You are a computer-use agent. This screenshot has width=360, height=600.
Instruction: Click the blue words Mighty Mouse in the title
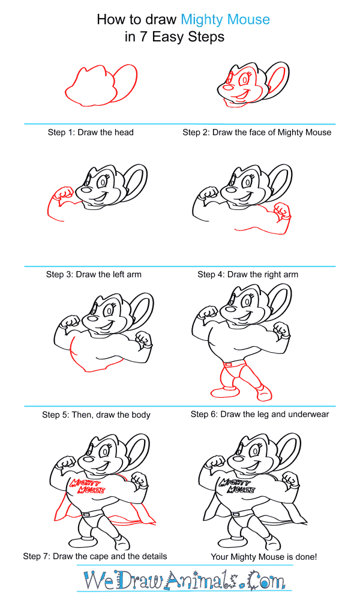(226, 20)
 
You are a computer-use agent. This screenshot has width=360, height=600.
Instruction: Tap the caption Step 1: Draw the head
(91, 133)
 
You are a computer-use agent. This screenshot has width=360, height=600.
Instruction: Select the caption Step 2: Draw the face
(257, 133)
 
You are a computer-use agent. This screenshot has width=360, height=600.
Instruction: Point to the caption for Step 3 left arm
(94, 274)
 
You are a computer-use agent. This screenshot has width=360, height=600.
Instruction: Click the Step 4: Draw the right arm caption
(248, 274)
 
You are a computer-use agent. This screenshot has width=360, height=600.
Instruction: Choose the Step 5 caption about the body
(96, 415)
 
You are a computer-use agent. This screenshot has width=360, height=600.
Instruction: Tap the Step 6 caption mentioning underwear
(260, 414)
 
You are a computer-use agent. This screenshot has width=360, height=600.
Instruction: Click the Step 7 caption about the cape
(95, 556)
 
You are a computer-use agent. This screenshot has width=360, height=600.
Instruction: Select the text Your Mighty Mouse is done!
(264, 557)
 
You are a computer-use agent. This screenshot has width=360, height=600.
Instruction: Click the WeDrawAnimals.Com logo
(184, 580)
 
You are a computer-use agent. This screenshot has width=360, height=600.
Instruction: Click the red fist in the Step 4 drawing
(283, 211)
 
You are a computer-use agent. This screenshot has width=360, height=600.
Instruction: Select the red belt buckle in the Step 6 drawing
(228, 364)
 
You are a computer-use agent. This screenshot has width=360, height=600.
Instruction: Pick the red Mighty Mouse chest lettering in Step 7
(86, 486)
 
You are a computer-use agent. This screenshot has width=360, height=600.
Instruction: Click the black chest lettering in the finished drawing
(236, 486)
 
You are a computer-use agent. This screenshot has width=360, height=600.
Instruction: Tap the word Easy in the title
(169, 37)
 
